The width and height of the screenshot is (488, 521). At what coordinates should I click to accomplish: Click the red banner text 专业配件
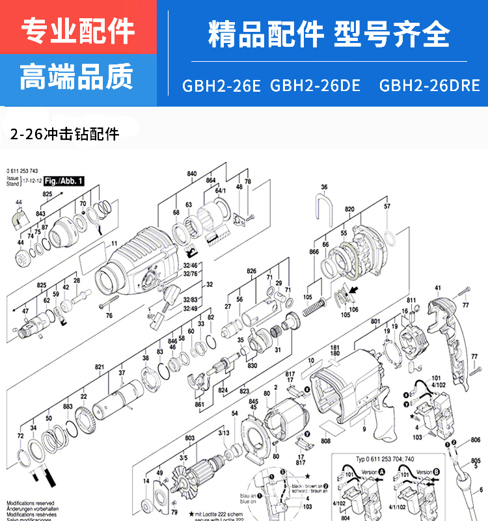(78, 30)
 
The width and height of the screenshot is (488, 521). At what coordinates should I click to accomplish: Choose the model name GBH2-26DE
(315, 86)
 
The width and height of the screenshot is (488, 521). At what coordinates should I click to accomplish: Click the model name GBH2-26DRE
(429, 86)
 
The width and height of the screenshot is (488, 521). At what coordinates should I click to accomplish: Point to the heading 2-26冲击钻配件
(65, 135)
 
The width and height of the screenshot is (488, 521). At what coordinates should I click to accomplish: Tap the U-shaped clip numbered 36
(324, 209)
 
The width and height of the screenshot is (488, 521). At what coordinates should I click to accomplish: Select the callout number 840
(192, 174)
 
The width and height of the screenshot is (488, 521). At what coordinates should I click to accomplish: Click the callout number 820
(349, 210)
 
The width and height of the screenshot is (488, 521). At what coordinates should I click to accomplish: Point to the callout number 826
(252, 270)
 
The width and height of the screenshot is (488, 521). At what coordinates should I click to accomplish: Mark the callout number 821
(100, 367)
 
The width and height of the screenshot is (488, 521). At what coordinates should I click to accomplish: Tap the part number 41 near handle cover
(437, 287)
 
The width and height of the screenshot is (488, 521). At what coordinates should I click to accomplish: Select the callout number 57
(387, 206)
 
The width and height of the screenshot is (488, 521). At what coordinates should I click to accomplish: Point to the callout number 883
(67, 407)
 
